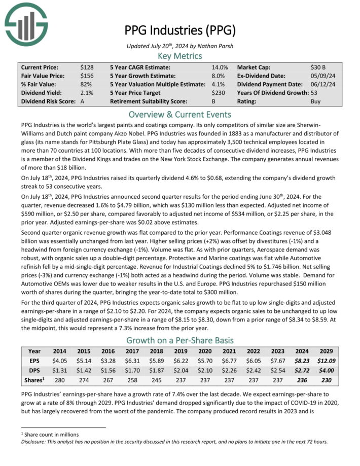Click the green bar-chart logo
[25, 23]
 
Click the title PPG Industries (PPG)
[180, 30]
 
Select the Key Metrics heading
[180, 56]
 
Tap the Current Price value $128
[86, 67]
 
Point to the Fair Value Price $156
[86, 76]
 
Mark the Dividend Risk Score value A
[82, 101]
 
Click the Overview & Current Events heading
[180, 114]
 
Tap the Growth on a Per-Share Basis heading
[180, 340]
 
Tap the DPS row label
[34, 371]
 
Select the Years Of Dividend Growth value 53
[314, 93]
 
